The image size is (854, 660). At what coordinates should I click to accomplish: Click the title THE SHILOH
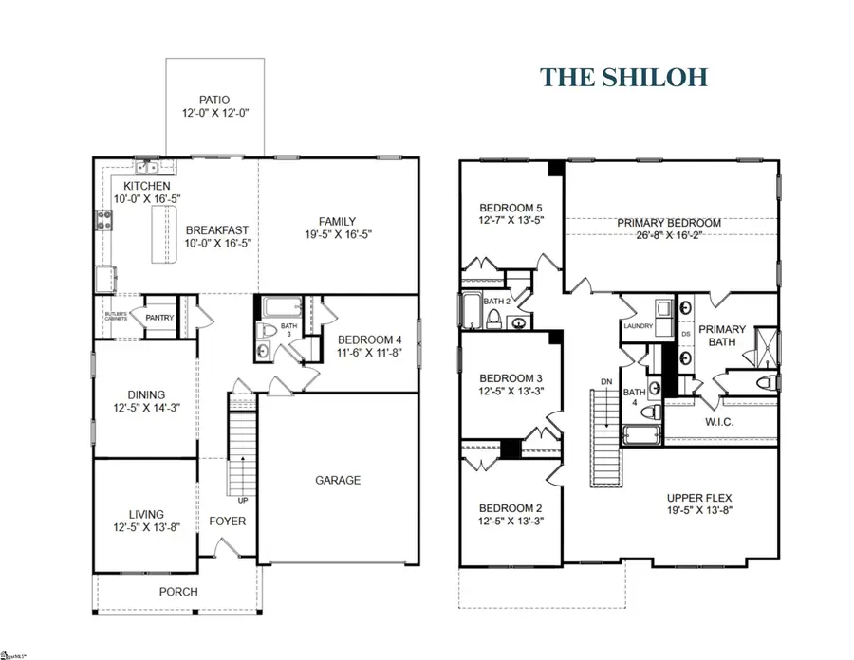[623, 78]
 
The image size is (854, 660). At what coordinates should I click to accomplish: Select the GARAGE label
[338, 480]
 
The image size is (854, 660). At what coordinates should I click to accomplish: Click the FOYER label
[227, 522]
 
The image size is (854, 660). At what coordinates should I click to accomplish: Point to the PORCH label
[178, 592]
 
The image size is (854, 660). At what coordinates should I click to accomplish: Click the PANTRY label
[158, 318]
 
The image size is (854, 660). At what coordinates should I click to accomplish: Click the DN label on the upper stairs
[607, 382]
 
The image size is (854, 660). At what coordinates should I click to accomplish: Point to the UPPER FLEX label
[699, 497]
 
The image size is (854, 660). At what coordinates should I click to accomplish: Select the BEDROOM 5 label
[511, 209]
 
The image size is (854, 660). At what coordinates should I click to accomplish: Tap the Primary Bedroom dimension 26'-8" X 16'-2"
[670, 238]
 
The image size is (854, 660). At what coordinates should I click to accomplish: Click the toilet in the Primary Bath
[766, 383]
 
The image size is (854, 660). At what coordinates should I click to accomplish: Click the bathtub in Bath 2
[472, 310]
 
